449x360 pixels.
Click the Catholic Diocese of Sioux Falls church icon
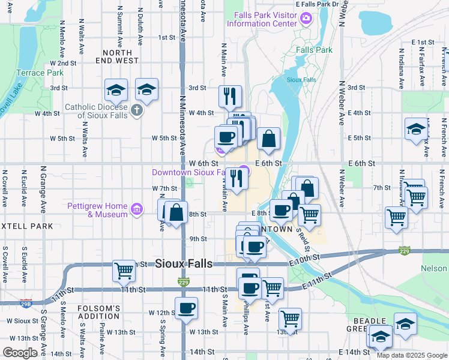pyautogui.click(x=137, y=110)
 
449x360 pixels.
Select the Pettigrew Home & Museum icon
pyautogui.click(x=137, y=209)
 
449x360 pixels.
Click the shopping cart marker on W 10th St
pyautogui.click(x=124, y=271)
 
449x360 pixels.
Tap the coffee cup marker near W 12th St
pyautogui.click(x=186, y=308)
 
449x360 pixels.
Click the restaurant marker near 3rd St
pyautogui.click(x=230, y=95)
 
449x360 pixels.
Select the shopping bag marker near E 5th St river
pyautogui.click(x=269, y=139)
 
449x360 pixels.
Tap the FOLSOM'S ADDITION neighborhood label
pyautogui.click(x=99, y=312)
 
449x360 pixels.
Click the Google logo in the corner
pyautogui.click(x=20, y=352)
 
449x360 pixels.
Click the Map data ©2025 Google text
pyautogui.click(x=412, y=355)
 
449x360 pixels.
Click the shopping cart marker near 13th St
pyautogui.click(x=290, y=318)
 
